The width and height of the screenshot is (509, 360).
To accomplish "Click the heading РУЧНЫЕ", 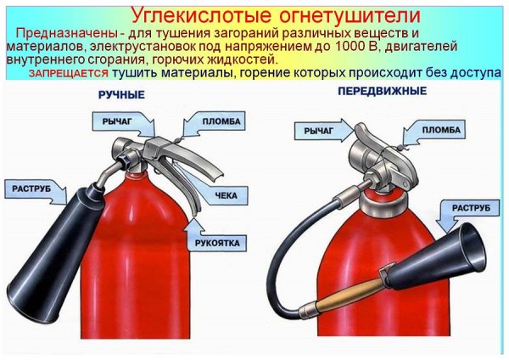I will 124,93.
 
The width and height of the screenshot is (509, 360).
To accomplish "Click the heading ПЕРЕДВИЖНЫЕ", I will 382,91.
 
